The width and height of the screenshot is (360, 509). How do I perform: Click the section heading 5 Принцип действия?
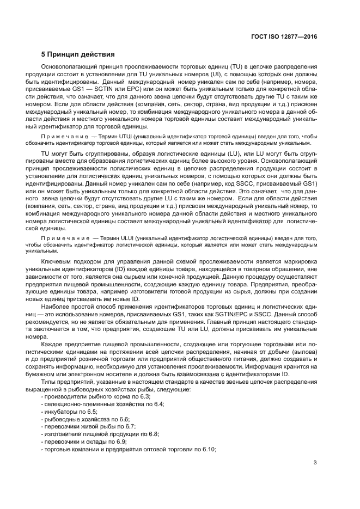tap(78, 55)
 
